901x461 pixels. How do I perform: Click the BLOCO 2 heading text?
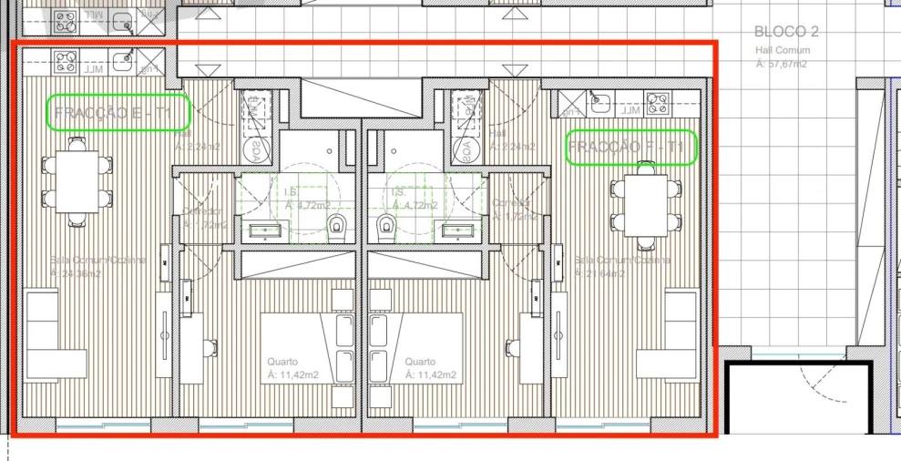point(786,32)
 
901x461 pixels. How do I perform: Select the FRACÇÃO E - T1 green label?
point(118,113)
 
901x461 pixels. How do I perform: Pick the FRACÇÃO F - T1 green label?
point(631,148)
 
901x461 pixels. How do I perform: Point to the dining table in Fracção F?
point(646,205)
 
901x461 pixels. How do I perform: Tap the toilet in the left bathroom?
point(338,223)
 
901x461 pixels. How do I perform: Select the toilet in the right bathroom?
point(386,223)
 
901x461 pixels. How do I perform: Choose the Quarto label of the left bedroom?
point(282,361)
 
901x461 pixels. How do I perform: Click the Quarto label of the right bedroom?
point(421,361)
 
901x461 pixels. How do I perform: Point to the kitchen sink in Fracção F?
point(599,102)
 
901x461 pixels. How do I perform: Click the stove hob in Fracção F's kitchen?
point(656,101)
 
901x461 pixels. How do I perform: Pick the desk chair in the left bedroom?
point(210,347)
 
